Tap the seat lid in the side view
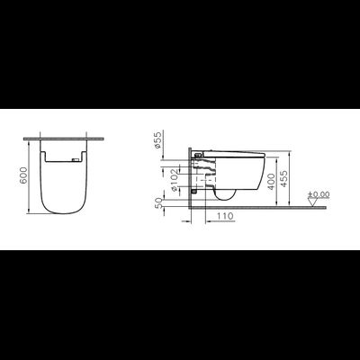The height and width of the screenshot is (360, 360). pos(234,153)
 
